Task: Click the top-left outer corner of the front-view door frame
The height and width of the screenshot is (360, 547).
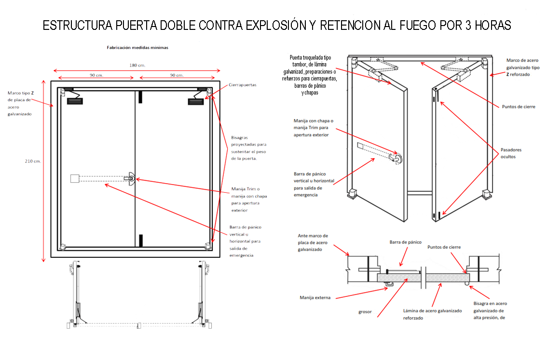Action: coord(51,81)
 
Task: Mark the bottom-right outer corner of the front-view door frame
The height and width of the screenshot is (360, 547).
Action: coord(220,257)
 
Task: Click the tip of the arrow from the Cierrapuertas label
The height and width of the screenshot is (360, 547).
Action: coord(205,99)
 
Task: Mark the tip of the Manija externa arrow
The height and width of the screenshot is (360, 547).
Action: coord(387,289)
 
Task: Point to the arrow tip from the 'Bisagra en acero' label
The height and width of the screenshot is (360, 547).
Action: coord(469,286)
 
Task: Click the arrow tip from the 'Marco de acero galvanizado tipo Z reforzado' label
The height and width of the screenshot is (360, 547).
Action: coord(490,75)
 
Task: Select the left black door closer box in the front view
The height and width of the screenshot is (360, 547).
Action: coord(75,101)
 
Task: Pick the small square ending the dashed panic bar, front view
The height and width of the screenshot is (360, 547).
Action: coord(75,178)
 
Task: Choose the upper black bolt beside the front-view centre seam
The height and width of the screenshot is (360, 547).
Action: coord(140,97)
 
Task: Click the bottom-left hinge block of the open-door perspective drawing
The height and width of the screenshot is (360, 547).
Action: coord(352,193)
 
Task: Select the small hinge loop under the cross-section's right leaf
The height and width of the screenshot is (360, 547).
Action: coord(467,284)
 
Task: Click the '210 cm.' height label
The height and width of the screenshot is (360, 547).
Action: coord(33,161)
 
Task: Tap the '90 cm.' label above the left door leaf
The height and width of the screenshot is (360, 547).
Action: coord(96,75)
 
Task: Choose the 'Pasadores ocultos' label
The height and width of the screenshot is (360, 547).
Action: coord(511,153)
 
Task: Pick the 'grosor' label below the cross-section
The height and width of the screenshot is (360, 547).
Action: coord(365,312)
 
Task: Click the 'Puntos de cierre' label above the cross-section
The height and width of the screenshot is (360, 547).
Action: coord(444,247)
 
